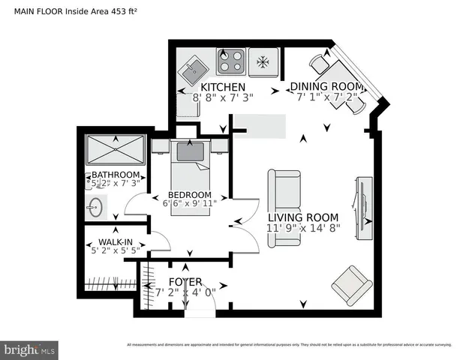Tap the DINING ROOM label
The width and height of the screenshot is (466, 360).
point(326,86)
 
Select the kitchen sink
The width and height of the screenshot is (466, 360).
point(197,72)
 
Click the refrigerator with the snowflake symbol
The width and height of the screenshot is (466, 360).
point(263,61)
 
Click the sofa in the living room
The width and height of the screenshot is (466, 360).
point(284,208)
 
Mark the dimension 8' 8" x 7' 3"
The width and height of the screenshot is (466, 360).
point(223,97)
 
